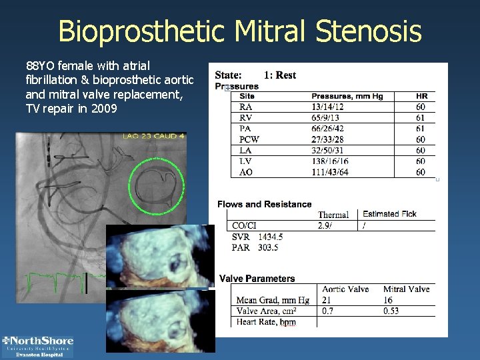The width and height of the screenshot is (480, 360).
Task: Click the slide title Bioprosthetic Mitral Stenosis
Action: point(240,31)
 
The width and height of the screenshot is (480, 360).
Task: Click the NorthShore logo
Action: point(38,346)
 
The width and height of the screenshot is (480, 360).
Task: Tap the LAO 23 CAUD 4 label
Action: point(153,137)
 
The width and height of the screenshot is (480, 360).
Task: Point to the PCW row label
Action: point(249,139)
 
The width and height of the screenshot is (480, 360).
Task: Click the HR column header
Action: point(421,96)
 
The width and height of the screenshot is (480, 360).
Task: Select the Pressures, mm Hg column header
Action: point(347,96)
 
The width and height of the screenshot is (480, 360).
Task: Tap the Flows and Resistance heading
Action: point(264,204)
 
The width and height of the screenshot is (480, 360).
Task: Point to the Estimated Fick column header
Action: point(389,214)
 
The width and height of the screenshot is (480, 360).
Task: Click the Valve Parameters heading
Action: point(257,279)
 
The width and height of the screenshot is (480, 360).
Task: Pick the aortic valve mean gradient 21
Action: point(327,301)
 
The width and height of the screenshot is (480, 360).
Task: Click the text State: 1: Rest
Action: point(255,75)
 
